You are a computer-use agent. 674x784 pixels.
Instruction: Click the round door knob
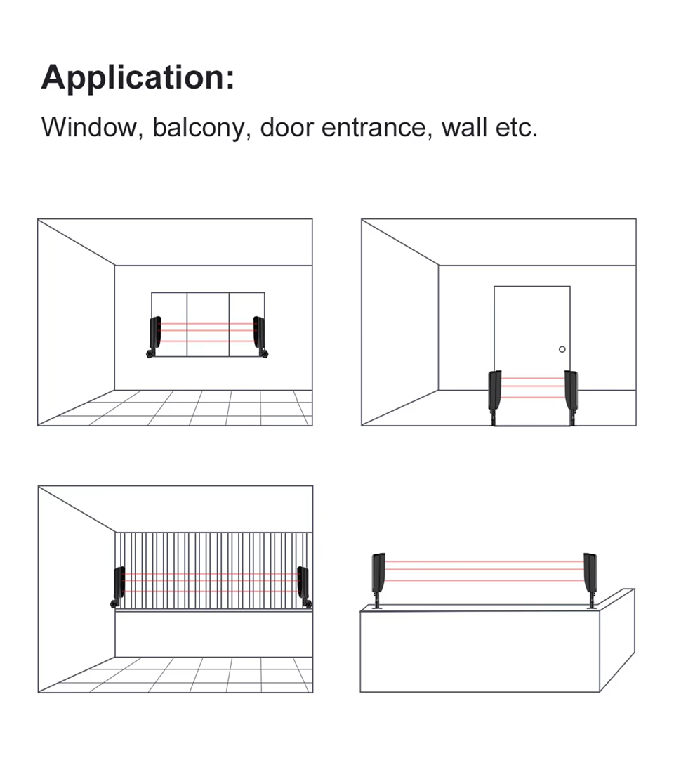(562, 349)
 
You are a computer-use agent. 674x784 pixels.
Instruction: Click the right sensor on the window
(260, 336)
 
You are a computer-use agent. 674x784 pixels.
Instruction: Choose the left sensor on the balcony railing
(119, 586)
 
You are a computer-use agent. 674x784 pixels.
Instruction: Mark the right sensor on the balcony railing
(304, 586)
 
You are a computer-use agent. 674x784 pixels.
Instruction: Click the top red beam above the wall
(484, 561)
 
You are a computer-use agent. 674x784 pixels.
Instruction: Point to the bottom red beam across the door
(533, 397)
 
